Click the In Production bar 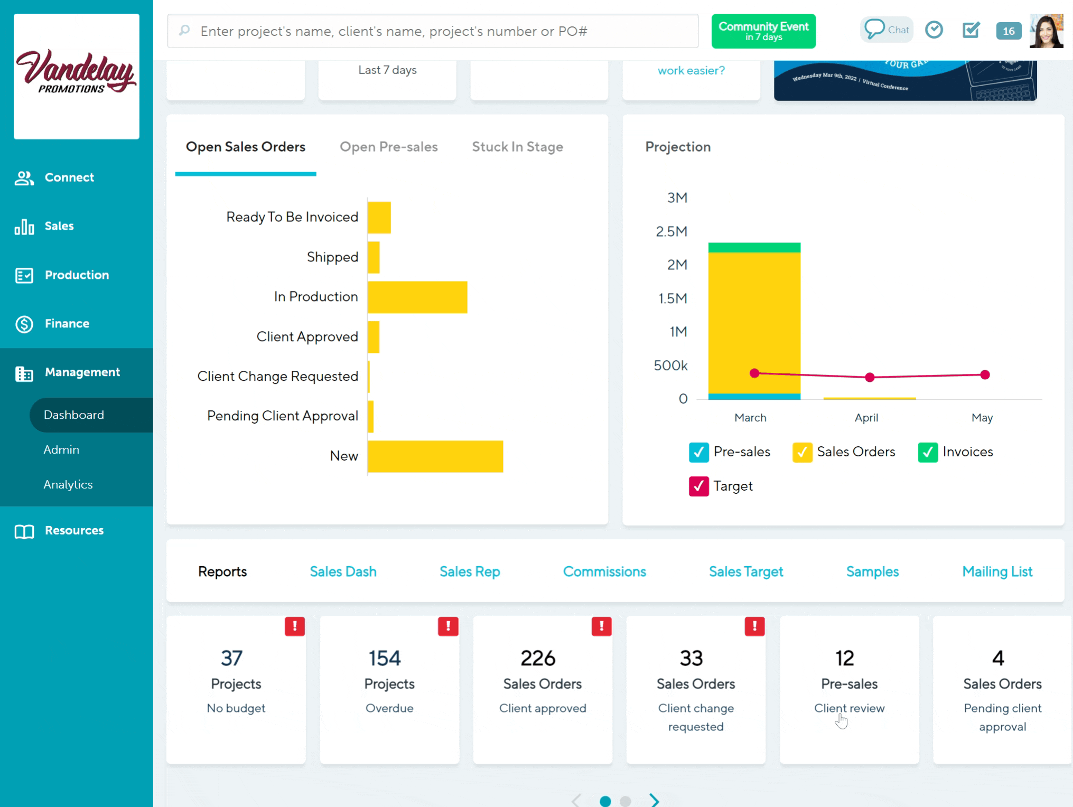(417, 297)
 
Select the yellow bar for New (435, 456)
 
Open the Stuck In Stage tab (517, 147)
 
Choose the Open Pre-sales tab (388, 147)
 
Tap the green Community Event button (763, 31)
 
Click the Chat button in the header (887, 30)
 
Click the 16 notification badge (1008, 31)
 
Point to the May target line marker (985, 375)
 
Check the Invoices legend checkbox (928, 453)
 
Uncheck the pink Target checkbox (698, 486)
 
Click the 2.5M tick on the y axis (671, 231)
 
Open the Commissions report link (604, 571)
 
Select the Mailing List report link (997, 571)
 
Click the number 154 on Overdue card (385, 658)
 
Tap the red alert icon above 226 (601, 626)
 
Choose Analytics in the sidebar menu (68, 484)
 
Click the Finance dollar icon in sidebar (24, 324)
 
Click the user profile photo (1046, 31)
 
